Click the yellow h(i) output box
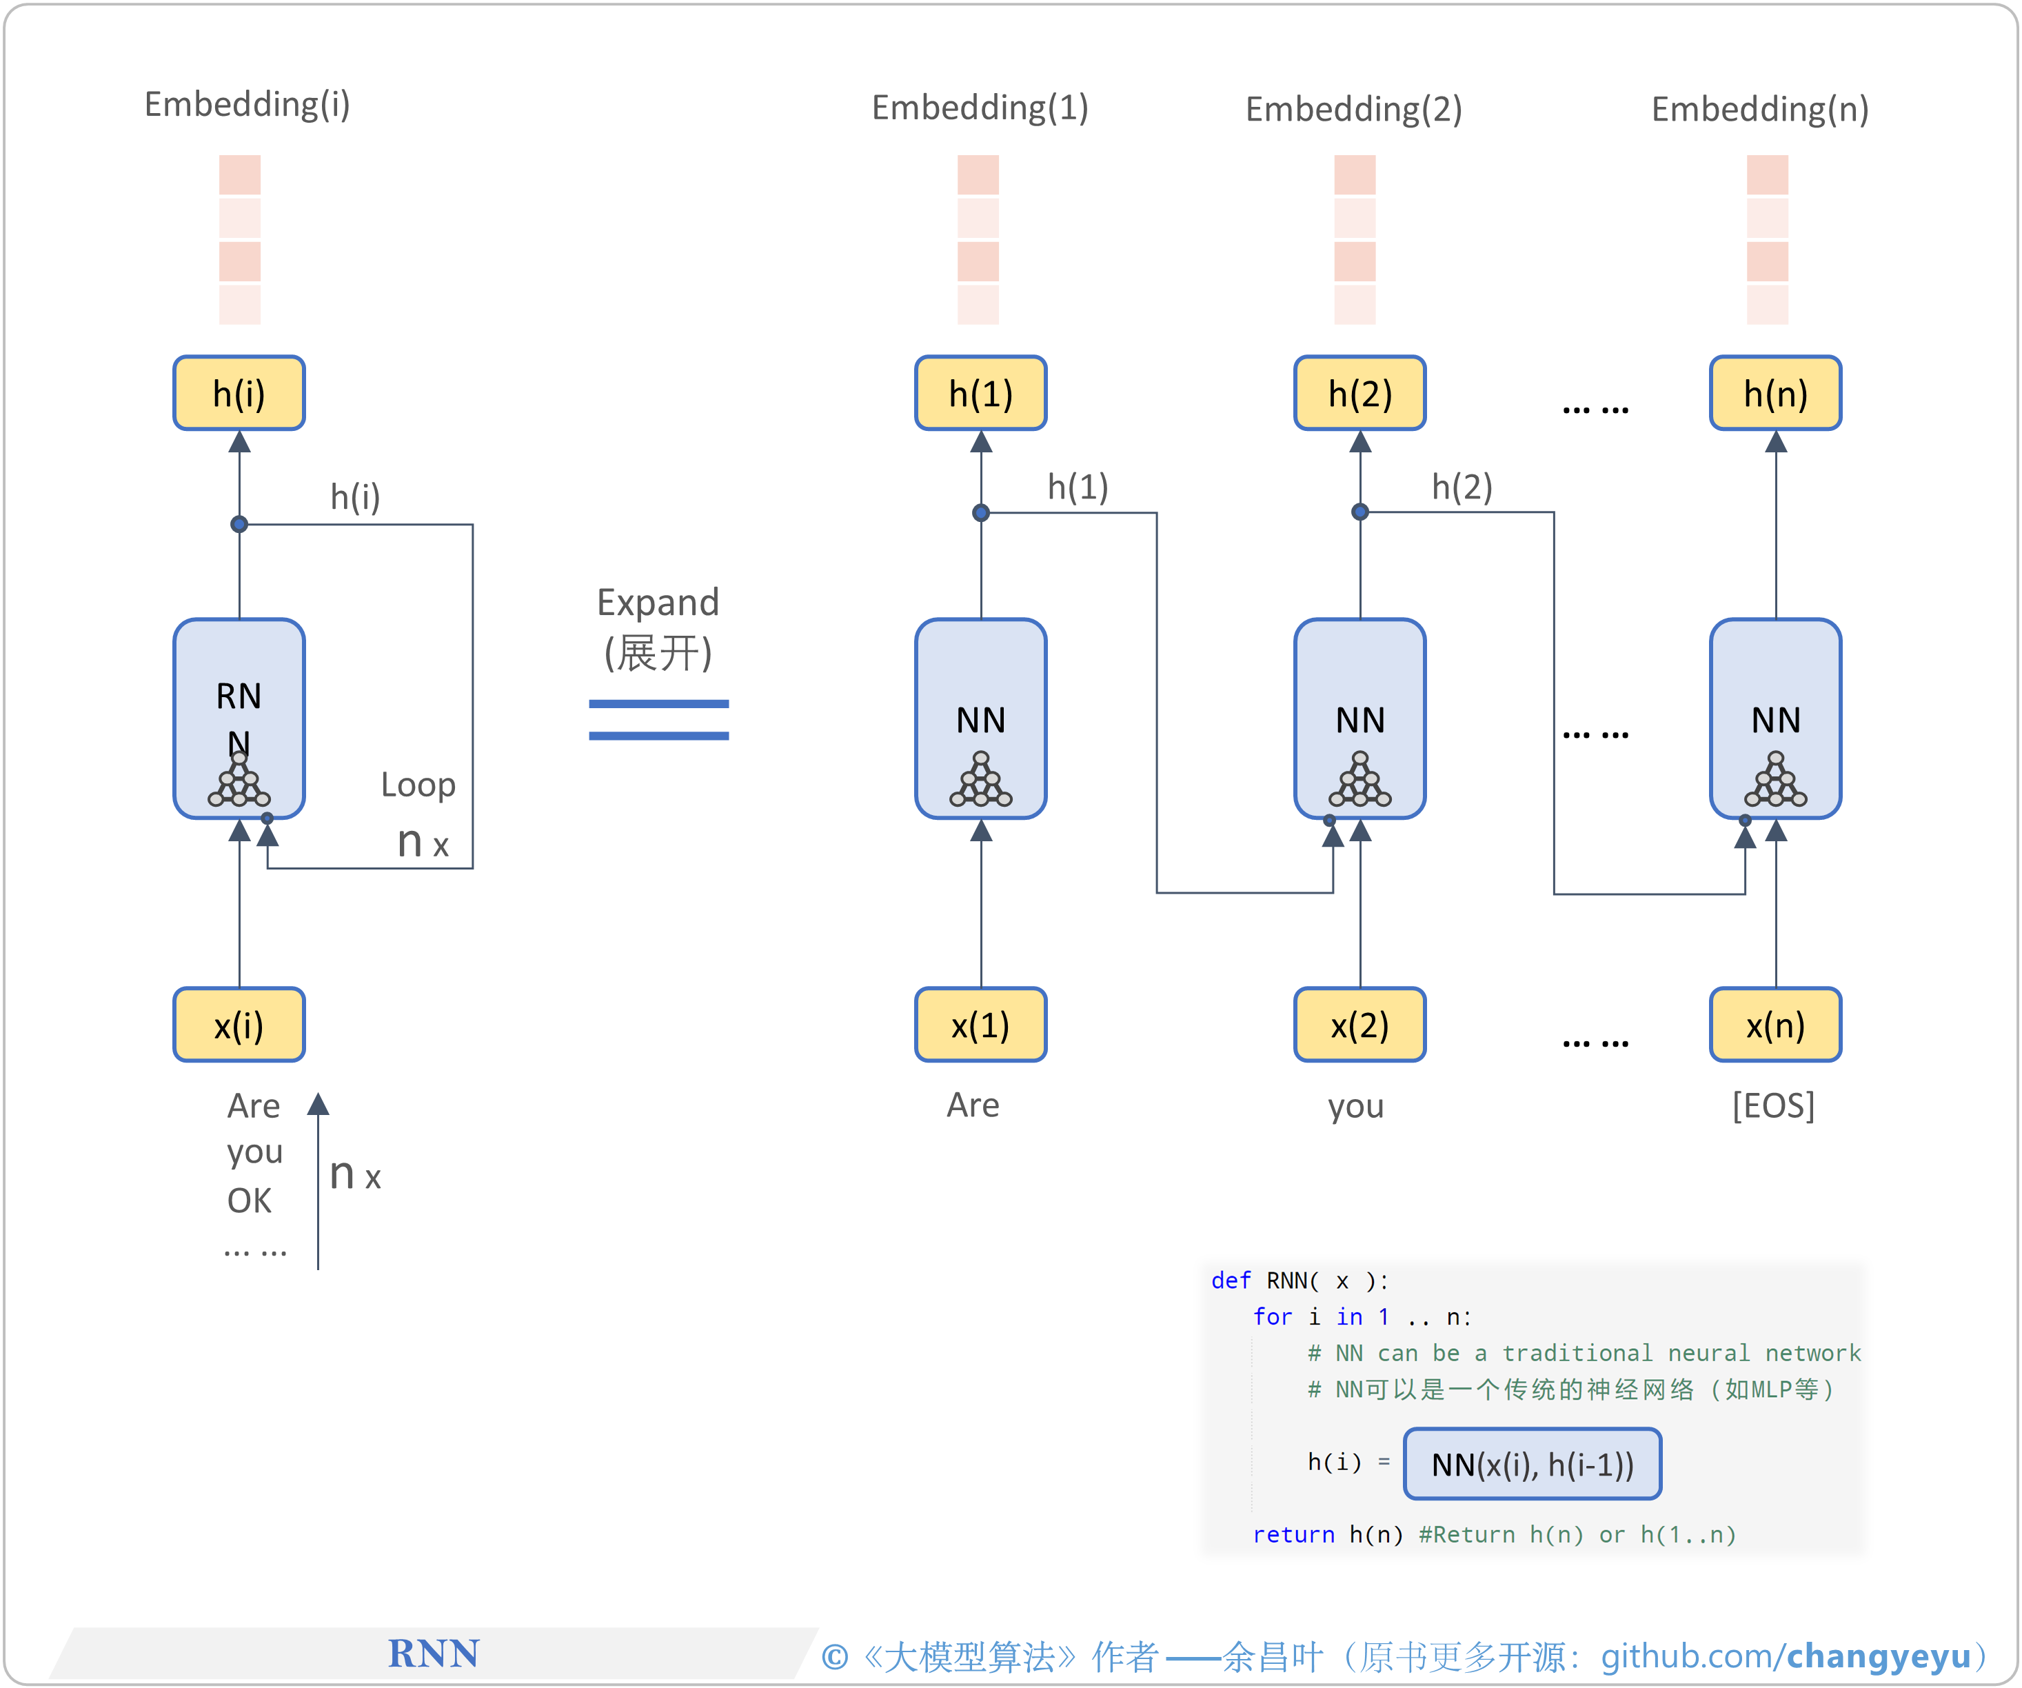[x=239, y=393]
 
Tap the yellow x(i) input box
[x=239, y=1025]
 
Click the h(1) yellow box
[x=980, y=393]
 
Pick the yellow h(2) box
[x=1359, y=393]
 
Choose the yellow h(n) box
[x=1775, y=393]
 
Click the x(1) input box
[x=980, y=1025]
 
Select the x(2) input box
[x=1359, y=1025]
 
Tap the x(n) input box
[x=1775, y=1025]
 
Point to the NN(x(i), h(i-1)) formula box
[x=1532, y=1464]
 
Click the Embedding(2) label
[x=1354, y=109]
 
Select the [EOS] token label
[x=1772, y=1105]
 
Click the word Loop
[x=418, y=785]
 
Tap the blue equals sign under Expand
[x=658, y=719]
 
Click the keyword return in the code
[x=1293, y=1535]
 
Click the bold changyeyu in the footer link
[x=1879, y=1656]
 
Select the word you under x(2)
[x=1356, y=1107]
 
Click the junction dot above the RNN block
[x=239, y=524]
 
